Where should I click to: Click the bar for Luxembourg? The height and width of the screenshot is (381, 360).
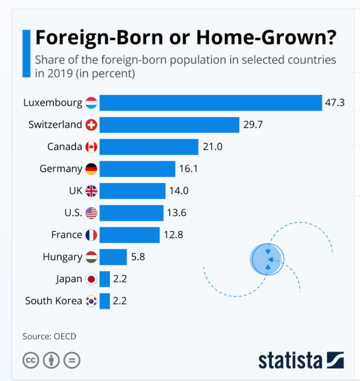(211, 103)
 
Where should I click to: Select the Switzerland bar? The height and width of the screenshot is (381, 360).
(169, 125)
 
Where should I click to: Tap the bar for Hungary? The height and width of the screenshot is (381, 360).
(113, 257)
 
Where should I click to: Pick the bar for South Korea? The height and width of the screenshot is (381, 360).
(105, 301)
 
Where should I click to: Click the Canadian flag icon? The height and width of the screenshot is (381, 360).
(91, 147)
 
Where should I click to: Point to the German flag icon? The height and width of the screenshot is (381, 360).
(91, 169)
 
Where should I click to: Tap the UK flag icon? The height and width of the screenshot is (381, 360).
(91, 191)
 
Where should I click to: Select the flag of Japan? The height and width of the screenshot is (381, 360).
(91, 279)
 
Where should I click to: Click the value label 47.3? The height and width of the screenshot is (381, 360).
(335, 103)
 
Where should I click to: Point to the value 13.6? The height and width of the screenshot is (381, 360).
(176, 213)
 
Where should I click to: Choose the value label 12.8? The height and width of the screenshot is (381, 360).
(173, 235)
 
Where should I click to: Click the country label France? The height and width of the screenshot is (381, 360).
(67, 235)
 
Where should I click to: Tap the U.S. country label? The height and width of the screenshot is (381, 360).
(73, 213)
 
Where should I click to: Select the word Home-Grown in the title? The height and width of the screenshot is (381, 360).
(266, 38)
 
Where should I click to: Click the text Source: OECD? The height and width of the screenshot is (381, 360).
(49, 336)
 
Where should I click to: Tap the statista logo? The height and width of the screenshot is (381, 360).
(301, 360)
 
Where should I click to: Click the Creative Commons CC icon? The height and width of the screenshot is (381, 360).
(31, 360)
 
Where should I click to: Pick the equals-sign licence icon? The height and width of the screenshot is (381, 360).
(72, 360)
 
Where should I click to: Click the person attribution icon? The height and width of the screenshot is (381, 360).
(51, 360)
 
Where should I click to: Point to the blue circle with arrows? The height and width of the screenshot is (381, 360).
(267, 259)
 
